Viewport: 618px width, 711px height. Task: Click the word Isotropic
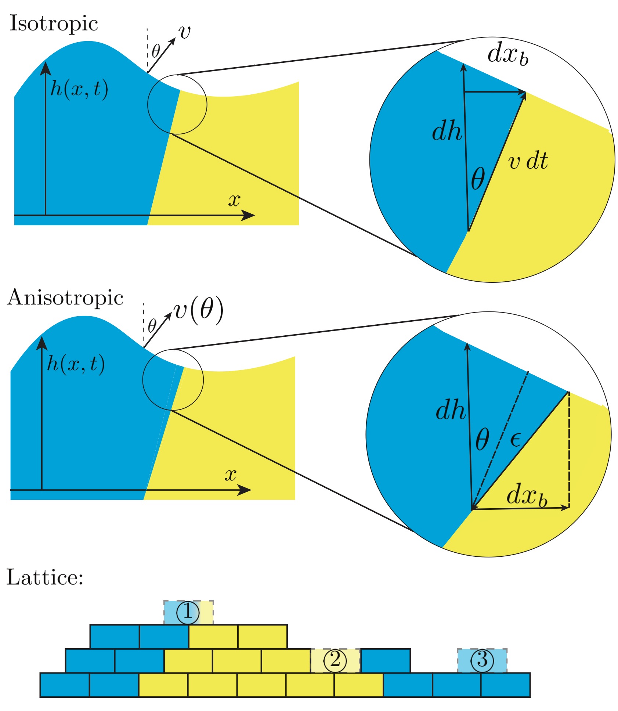(x=54, y=24)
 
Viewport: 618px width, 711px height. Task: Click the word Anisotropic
(x=65, y=297)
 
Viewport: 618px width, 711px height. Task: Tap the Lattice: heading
(x=45, y=577)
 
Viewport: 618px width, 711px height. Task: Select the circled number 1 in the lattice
(x=188, y=612)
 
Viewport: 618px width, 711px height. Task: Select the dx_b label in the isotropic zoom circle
(x=508, y=55)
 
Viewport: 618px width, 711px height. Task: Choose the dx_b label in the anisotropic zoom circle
(x=527, y=495)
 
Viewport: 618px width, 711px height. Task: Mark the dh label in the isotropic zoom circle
(x=447, y=131)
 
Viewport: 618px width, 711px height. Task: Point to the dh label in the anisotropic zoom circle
(x=450, y=410)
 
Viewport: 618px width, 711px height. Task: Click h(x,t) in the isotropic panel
(x=79, y=89)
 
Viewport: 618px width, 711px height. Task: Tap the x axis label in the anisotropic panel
(x=230, y=475)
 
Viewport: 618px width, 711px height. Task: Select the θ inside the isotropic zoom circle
(x=478, y=179)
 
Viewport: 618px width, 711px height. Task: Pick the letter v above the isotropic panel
(x=185, y=32)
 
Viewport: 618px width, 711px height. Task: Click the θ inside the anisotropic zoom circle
(x=482, y=439)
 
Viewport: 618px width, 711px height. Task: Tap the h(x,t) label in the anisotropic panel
(x=76, y=364)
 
